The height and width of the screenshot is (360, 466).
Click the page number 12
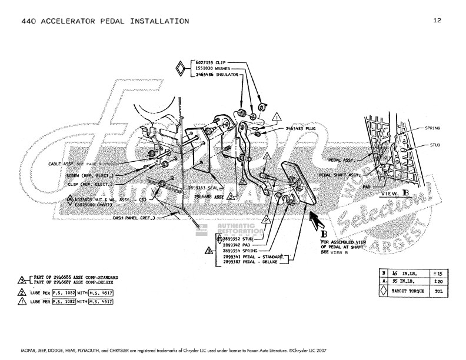(437, 21)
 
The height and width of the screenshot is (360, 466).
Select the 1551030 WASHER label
(212, 69)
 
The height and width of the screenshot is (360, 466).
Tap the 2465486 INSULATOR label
(215, 76)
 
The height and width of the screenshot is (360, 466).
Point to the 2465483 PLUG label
(300, 128)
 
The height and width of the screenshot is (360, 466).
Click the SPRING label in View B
(432, 128)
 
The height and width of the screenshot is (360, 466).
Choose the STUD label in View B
(435, 144)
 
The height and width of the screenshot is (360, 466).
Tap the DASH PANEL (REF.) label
(134, 218)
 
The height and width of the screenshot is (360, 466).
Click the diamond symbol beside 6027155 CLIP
(181, 69)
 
